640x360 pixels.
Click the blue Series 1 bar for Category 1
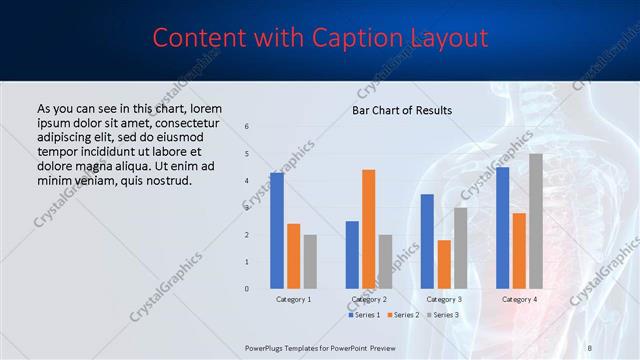pos(276,231)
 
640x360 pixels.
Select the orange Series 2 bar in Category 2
pos(368,229)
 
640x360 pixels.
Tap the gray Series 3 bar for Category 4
pos(536,221)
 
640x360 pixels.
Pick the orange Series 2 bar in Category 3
pos(444,264)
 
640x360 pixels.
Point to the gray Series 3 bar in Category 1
pos(310,262)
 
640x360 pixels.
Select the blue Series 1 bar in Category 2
pos(352,255)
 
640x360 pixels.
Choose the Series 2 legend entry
pos(403,315)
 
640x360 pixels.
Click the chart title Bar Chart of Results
pos(402,110)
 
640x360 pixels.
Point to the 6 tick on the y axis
pos(247,126)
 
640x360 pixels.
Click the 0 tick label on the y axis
pos(247,289)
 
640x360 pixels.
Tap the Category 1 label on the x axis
pos(293,299)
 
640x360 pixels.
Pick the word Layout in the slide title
pos(447,38)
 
